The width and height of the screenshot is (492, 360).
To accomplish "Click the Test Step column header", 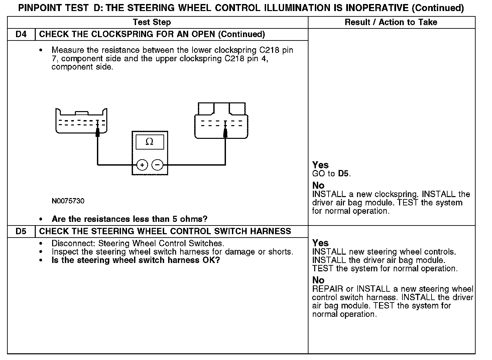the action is point(152,22).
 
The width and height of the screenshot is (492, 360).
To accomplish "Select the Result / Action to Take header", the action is point(391,22).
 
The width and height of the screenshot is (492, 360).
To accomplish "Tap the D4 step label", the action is point(21,34).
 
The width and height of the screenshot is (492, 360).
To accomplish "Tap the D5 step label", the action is point(21,231).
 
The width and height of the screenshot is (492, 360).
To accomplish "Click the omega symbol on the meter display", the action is point(150,142).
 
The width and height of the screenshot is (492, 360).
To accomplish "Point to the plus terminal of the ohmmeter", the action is point(142,165).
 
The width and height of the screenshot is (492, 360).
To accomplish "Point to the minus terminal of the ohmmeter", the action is point(157,165).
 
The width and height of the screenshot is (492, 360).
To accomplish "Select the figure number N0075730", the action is point(68,201).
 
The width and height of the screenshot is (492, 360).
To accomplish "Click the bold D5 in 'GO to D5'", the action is point(343,174).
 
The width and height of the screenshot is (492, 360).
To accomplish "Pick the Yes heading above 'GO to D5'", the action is point(320,165).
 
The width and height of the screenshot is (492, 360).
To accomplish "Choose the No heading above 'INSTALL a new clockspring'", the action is point(318,185).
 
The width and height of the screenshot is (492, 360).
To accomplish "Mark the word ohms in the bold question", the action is point(194,219).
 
